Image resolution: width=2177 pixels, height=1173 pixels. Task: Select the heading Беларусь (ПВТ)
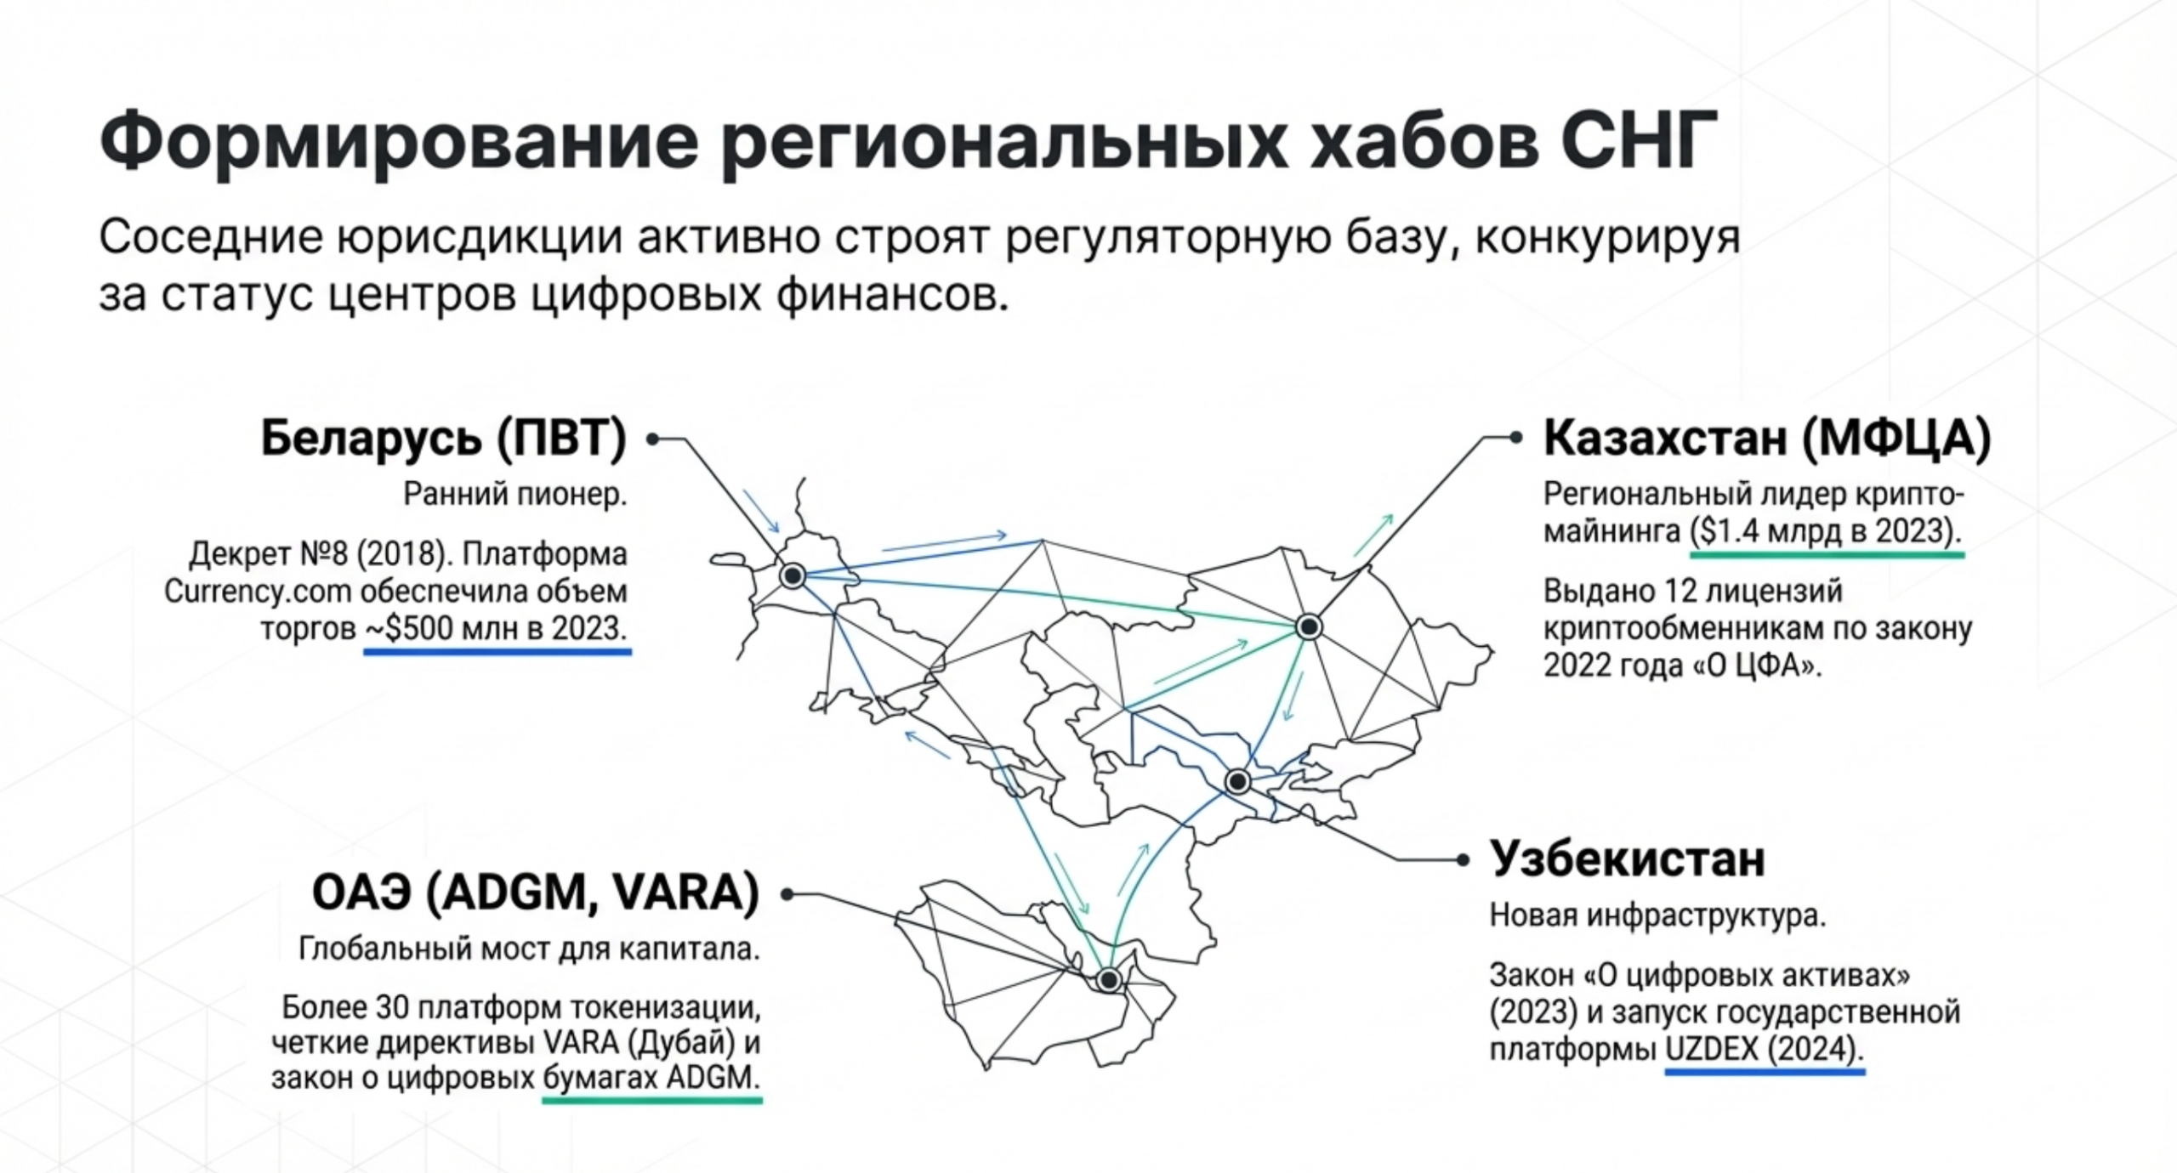(444, 439)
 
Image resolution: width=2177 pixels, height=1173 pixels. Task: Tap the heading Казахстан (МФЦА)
(1767, 439)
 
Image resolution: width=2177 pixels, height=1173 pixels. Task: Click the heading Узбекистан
(1628, 859)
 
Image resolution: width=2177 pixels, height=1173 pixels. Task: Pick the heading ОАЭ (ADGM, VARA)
(536, 893)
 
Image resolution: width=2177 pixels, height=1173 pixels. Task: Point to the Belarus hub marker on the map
(793, 575)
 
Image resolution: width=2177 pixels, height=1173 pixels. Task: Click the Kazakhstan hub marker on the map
(1309, 627)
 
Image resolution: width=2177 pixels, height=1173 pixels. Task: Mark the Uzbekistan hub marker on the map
(1237, 780)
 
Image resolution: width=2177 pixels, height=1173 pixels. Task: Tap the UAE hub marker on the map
(1109, 980)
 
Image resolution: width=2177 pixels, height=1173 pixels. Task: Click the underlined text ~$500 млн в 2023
(497, 629)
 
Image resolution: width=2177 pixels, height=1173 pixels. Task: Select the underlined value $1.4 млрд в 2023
(1827, 532)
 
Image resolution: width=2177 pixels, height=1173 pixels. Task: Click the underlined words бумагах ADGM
(651, 1078)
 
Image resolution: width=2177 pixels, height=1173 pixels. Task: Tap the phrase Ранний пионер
(515, 494)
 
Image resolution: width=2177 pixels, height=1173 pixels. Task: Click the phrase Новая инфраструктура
(1657, 915)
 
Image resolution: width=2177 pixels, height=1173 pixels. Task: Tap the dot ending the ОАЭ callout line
(787, 894)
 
